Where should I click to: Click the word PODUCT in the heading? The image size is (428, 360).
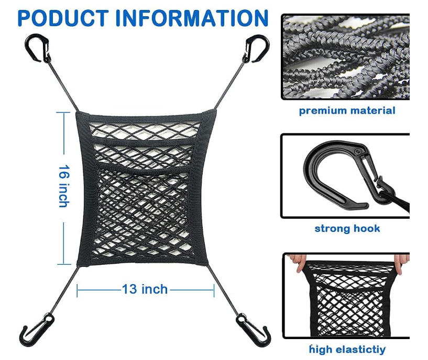(63, 18)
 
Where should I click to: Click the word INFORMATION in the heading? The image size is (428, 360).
(192, 18)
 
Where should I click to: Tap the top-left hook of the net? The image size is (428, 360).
(38, 48)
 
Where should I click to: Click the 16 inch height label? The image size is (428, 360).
(64, 186)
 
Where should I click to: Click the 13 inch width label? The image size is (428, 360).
(145, 289)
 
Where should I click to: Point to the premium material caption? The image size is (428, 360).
(347, 111)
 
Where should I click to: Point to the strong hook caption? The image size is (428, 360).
(347, 228)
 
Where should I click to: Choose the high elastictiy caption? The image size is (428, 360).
(347, 350)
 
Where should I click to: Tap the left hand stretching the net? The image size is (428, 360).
(298, 262)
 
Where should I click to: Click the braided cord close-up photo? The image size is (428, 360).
(346, 57)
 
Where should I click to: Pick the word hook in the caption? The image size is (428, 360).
(366, 228)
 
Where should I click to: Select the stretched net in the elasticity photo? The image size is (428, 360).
(349, 299)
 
